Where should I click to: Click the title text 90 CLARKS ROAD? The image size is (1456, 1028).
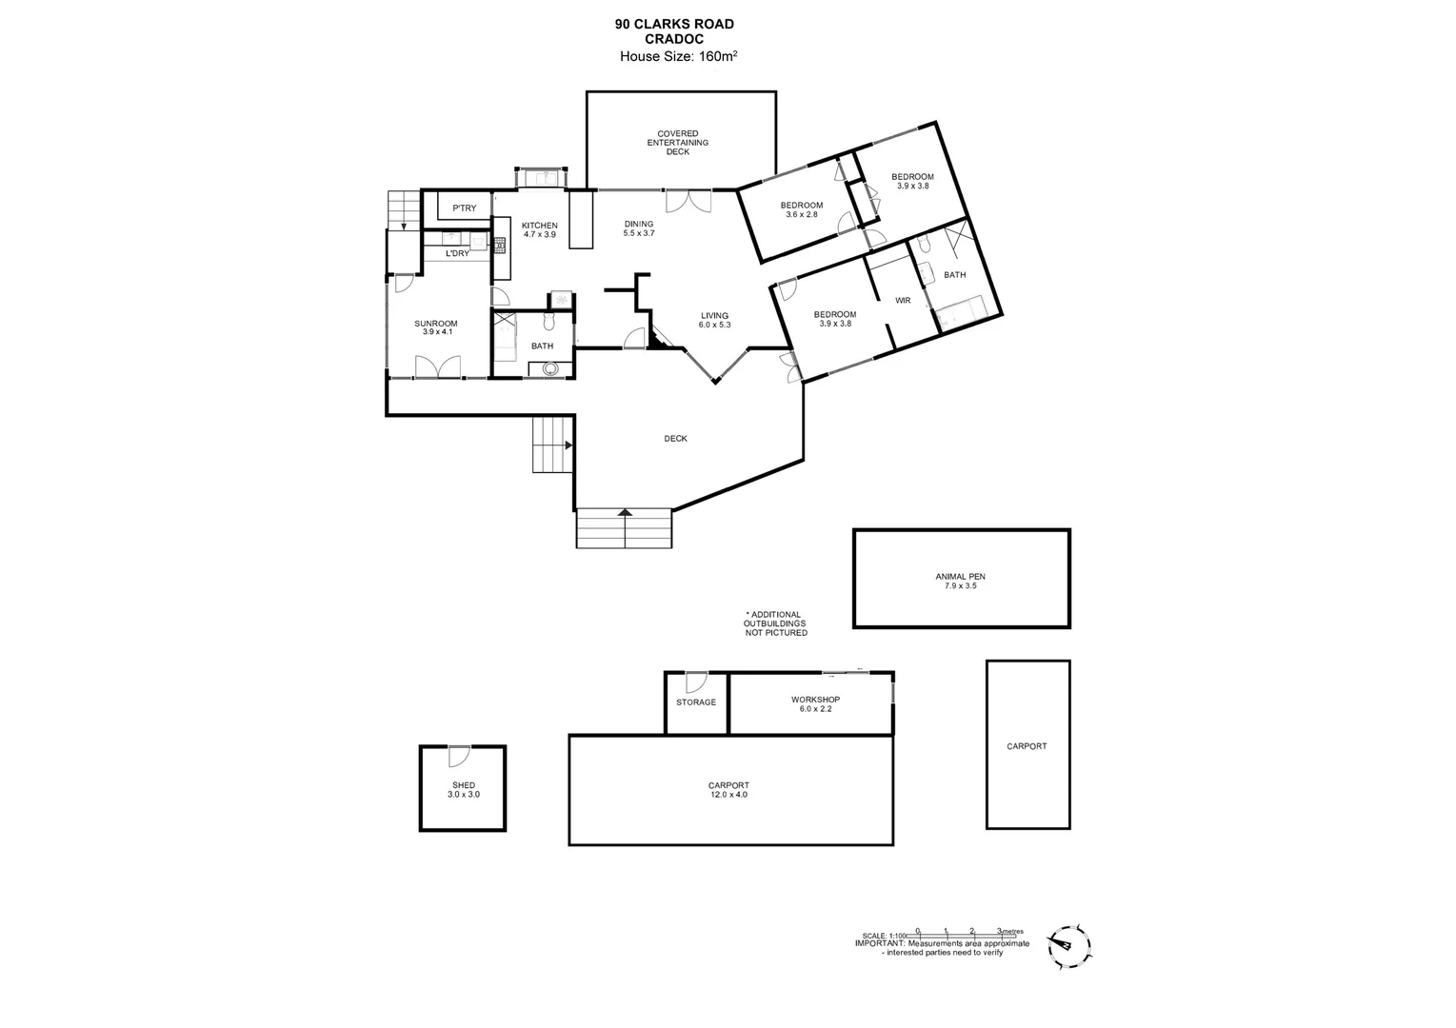[x=674, y=25]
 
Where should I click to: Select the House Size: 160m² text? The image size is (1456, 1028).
[x=678, y=56]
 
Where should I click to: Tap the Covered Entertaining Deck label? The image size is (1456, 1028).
[x=678, y=143]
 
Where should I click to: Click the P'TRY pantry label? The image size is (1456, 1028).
[x=464, y=208]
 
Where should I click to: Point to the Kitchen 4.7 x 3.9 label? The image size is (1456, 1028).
[x=539, y=229]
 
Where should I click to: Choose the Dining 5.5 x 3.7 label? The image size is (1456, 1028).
[x=638, y=228]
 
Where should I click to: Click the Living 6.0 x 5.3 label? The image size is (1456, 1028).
[x=714, y=320]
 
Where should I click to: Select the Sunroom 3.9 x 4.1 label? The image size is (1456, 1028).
[x=436, y=327]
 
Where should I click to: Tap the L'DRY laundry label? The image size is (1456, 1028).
[x=457, y=253]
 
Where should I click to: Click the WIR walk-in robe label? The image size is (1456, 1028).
[x=903, y=301]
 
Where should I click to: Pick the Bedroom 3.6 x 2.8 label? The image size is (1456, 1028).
[x=801, y=210]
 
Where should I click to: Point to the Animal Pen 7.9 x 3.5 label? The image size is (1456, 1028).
[x=960, y=581]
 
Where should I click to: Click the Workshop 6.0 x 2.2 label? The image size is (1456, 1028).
[x=815, y=703]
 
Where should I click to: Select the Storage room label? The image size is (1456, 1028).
[x=696, y=702]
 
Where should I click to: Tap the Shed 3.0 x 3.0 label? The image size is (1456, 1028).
[x=464, y=789]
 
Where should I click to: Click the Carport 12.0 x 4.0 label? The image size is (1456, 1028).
[x=728, y=789]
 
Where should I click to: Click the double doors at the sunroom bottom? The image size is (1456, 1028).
[x=438, y=366]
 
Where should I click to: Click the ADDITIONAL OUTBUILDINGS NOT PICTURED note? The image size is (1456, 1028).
[x=775, y=623]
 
